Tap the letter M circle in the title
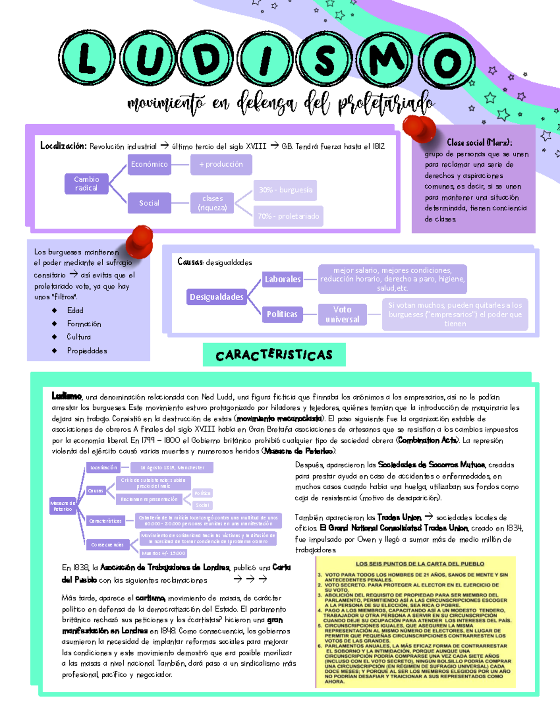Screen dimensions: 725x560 [x=386, y=59]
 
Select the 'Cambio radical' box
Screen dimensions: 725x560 [x=86, y=183]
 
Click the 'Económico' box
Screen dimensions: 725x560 [x=149, y=164]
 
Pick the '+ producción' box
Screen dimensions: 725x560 [x=221, y=164]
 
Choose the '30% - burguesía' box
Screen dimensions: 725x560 [x=285, y=190]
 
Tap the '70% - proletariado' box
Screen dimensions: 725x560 [x=288, y=216]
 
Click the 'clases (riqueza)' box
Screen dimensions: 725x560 [x=212, y=203]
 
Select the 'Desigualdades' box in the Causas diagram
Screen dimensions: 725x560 [x=217, y=297]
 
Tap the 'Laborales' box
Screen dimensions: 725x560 [x=283, y=279]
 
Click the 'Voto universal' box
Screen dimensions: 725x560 [x=343, y=314]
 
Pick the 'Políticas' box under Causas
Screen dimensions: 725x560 [x=282, y=314]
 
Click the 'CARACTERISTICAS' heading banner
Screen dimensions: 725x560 [x=274, y=355]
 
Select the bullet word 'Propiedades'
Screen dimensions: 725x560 [x=87, y=351]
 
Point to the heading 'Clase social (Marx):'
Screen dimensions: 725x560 [x=479, y=142]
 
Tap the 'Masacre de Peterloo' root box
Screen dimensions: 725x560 [x=63, y=506]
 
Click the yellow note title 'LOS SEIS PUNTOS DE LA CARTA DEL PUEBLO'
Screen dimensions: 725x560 [x=420, y=564]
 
